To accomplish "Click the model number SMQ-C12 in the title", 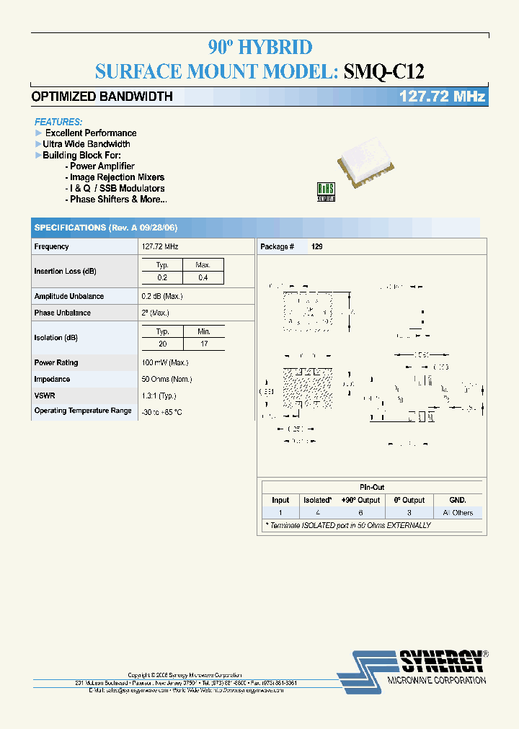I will pyautogui.click(x=384, y=71).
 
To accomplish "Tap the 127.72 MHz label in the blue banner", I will pyautogui.click(x=442, y=97).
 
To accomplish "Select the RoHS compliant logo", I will pyautogui.click(x=326, y=191).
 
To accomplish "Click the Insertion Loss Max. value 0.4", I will pyautogui.click(x=203, y=277).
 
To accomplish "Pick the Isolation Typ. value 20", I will pyautogui.click(x=163, y=344).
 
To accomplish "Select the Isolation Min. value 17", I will pyautogui.click(x=203, y=344).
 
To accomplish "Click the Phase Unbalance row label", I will pyautogui.click(x=63, y=313).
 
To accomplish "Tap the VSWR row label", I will pyautogui.click(x=44, y=395).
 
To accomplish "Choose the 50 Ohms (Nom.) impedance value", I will pyautogui.click(x=167, y=379).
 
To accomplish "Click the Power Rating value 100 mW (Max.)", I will pyautogui.click(x=165, y=362).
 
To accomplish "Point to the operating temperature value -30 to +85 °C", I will pyautogui.click(x=162, y=411).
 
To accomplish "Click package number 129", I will pyautogui.click(x=317, y=246).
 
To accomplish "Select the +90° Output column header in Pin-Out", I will pyautogui.click(x=361, y=500).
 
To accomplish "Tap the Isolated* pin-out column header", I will pyautogui.click(x=318, y=500).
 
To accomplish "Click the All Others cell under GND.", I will pyautogui.click(x=458, y=513).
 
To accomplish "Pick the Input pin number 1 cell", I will pyautogui.click(x=280, y=513).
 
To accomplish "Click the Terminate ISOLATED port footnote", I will pyautogui.click(x=348, y=525).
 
